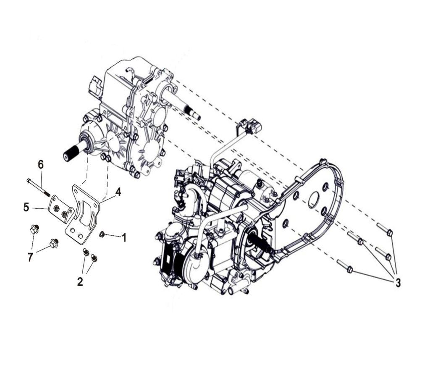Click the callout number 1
pyautogui.click(x=124, y=238)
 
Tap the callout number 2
pyautogui.click(x=80, y=281)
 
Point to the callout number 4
pyautogui.click(x=118, y=192)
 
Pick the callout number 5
pyautogui.click(x=26, y=208)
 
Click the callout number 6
pyautogui.click(x=41, y=165)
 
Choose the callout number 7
pyautogui.click(x=30, y=257)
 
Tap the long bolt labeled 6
pyautogui.click(x=38, y=188)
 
